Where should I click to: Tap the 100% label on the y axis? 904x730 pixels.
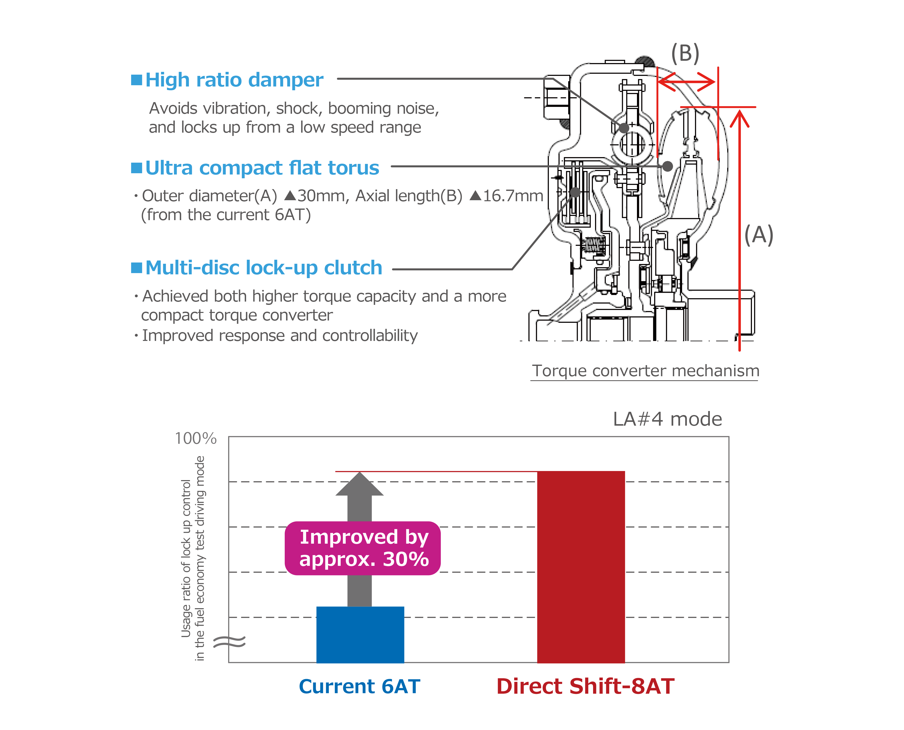[195, 439]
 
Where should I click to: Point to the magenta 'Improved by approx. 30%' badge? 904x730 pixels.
[362, 548]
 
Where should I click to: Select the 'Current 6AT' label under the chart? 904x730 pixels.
[360, 687]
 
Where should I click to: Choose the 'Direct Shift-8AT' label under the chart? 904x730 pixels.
[585, 687]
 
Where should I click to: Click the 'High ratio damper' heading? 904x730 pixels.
[234, 80]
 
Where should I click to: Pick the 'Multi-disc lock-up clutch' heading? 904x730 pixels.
[264, 268]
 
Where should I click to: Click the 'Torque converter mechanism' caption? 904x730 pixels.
[646, 371]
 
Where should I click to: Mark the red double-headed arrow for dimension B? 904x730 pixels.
[687, 81]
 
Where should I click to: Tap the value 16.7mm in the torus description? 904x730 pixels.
[513, 196]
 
